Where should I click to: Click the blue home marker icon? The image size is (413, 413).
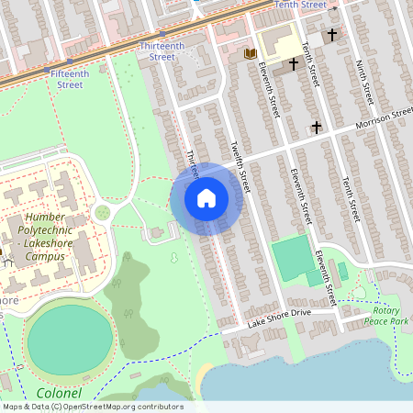206,198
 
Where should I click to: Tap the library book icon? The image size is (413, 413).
250,54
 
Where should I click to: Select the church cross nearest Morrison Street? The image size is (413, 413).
317,127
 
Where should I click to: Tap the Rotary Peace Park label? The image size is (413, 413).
385,316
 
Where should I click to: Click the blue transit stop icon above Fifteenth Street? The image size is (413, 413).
48,70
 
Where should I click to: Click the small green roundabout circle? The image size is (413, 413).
102,213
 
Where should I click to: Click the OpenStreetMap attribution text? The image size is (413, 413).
92,407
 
